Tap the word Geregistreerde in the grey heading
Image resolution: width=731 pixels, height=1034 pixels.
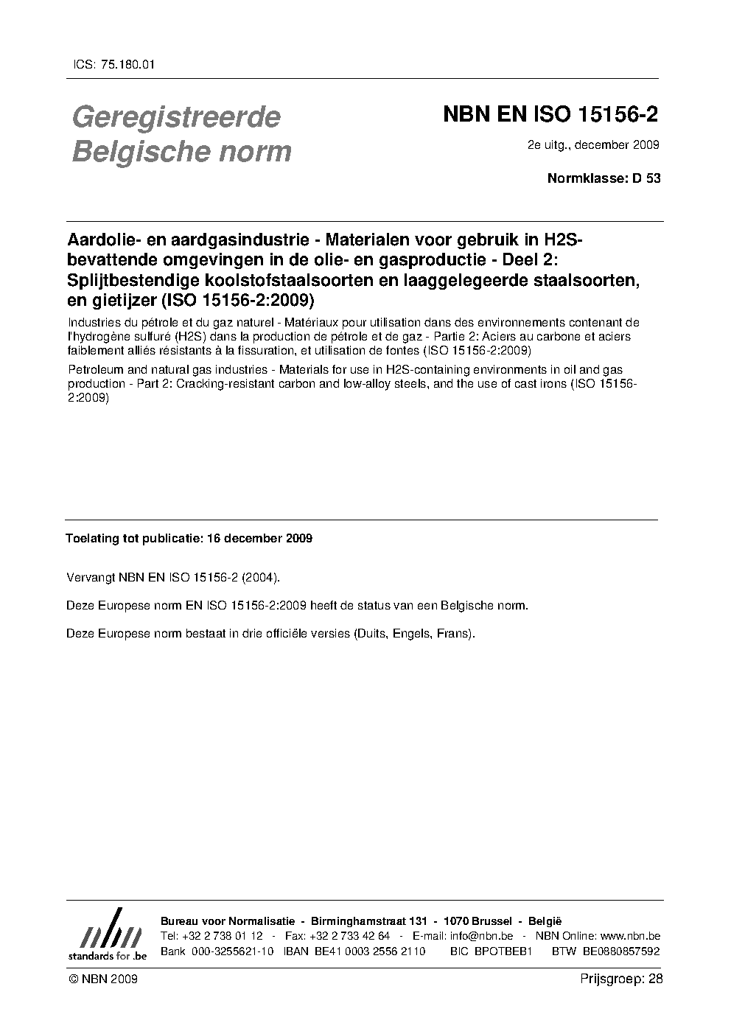pos(176,117)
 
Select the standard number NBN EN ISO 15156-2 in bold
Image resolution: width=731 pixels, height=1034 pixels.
pos(550,116)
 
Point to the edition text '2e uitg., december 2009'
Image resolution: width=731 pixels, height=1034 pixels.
pos(593,144)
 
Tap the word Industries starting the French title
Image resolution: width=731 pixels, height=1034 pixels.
pos(91,322)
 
